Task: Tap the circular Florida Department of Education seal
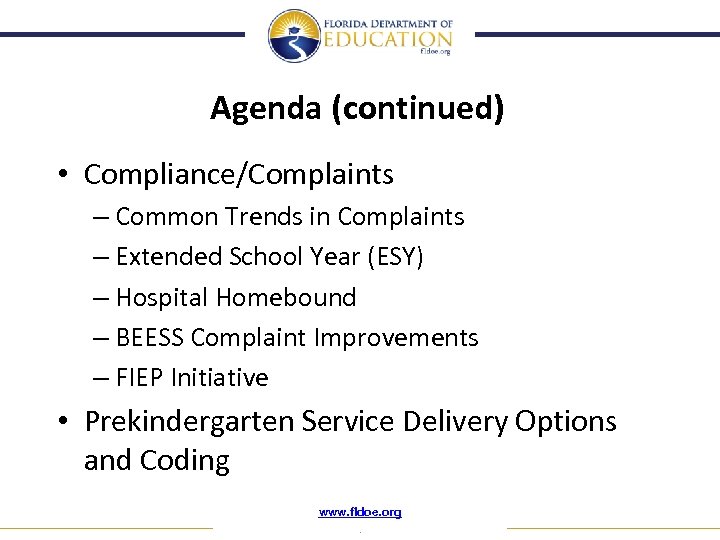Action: click(293, 36)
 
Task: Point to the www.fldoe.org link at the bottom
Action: click(360, 512)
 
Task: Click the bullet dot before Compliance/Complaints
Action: click(62, 175)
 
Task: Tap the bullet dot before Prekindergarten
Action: click(62, 422)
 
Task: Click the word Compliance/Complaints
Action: click(239, 175)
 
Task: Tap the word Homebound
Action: click(286, 298)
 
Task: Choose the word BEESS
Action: click(150, 338)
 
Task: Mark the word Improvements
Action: click(397, 338)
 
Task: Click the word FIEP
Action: click(140, 378)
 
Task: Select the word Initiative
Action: click(220, 378)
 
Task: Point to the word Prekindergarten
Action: click(190, 422)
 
